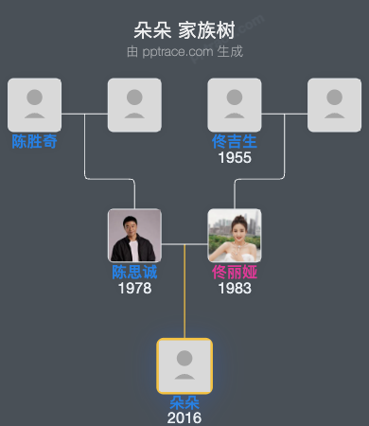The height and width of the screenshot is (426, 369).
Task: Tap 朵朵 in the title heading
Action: pyautogui.click(x=152, y=29)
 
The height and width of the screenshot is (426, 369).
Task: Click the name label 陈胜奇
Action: pyautogui.click(x=34, y=142)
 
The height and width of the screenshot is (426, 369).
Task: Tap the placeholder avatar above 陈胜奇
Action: pyautogui.click(x=34, y=104)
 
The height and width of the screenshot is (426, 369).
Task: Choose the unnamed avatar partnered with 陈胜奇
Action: pyautogui.click(x=134, y=104)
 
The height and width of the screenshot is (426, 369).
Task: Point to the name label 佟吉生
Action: pyautogui.click(x=235, y=142)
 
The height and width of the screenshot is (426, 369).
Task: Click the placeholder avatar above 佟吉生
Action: pyautogui.click(x=235, y=104)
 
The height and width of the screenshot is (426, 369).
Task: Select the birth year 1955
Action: pyautogui.click(x=235, y=157)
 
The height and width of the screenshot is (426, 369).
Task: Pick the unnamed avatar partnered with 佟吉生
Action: pyautogui.click(x=335, y=104)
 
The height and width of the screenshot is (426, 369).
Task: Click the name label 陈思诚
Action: pyautogui.click(x=134, y=273)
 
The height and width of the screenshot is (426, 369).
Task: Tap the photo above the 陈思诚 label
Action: pyautogui.click(x=134, y=235)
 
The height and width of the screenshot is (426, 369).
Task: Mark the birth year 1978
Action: pyautogui.click(x=134, y=288)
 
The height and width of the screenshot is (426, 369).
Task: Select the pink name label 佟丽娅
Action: pyautogui.click(x=235, y=273)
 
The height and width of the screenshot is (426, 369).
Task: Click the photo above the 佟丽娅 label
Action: pyautogui.click(x=235, y=235)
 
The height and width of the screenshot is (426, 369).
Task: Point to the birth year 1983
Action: pyautogui.click(x=235, y=288)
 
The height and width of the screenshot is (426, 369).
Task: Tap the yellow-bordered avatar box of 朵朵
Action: pyautogui.click(x=184, y=366)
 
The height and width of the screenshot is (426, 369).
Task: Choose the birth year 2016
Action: pyautogui.click(x=184, y=417)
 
